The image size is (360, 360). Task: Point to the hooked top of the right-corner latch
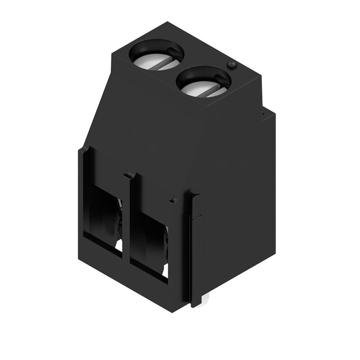pyautogui.click(x=195, y=196)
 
